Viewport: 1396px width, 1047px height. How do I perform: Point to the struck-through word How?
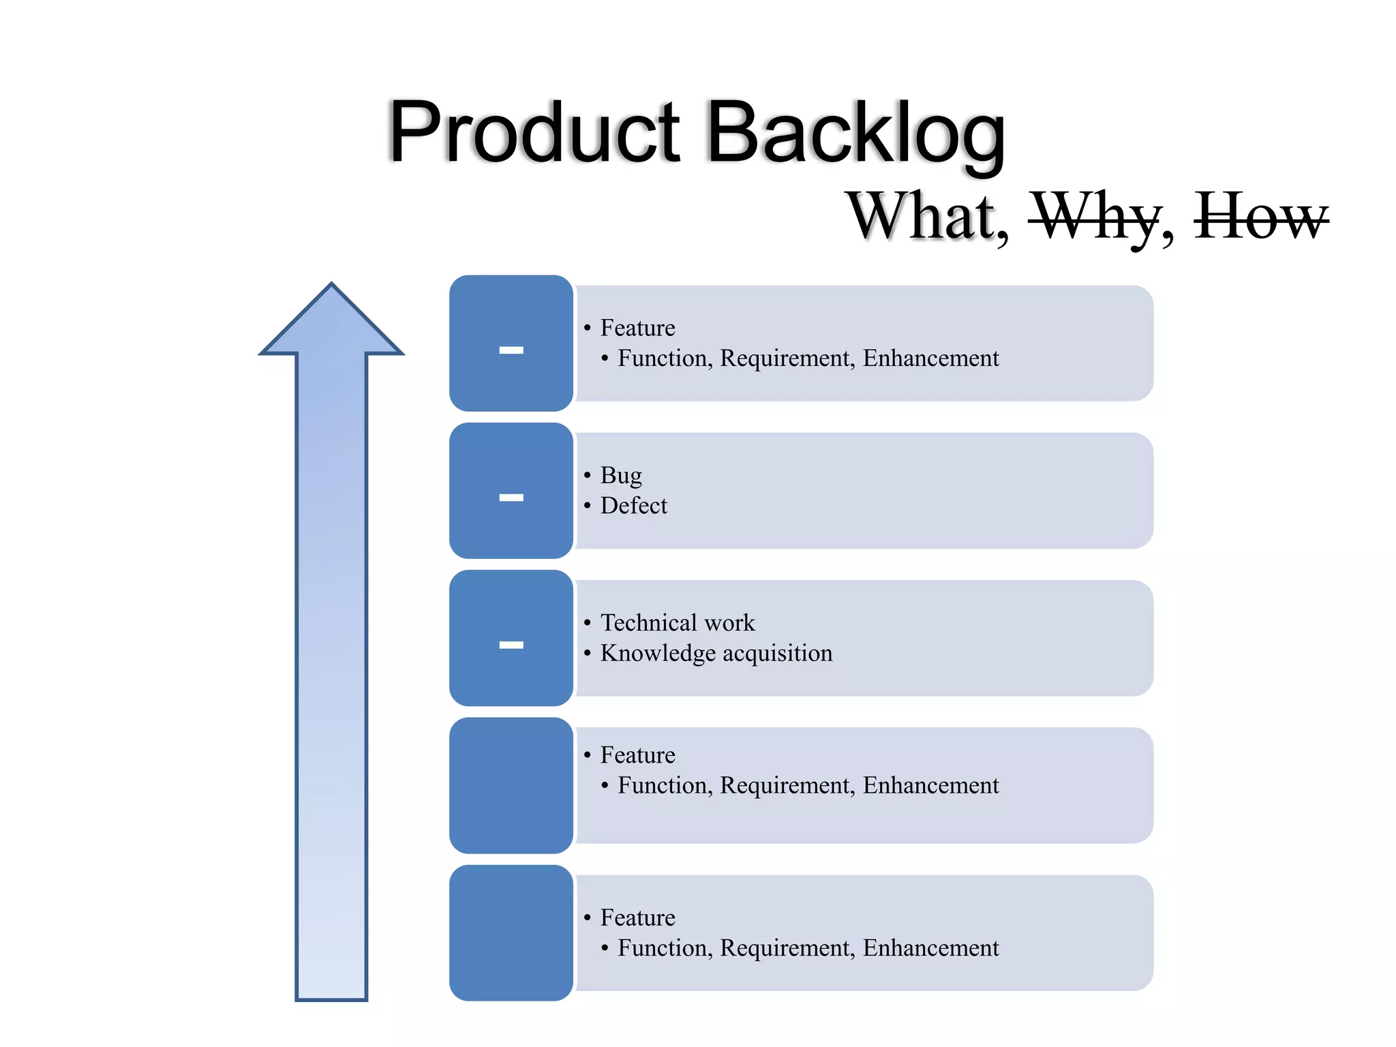[x=1260, y=217]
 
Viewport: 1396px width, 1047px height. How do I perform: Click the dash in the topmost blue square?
[x=511, y=350]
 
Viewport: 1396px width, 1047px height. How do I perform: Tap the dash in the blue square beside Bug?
[x=511, y=498]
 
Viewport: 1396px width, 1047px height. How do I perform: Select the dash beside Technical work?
[x=511, y=645]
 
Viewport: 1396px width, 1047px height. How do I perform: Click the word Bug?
[x=621, y=476]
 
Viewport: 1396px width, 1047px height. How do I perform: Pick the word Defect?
[x=633, y=506]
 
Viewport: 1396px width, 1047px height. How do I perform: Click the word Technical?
[x=648, y=622]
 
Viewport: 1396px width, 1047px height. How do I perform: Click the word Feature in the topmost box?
[x=637, y=328]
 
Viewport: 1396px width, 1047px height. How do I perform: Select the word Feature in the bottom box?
[x=637, y=917]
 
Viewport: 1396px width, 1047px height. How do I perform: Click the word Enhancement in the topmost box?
[x=930, y=358]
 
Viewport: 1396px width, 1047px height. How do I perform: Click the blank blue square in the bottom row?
[x=511, y=932]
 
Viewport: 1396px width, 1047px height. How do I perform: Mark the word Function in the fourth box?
[x=665, y=785]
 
